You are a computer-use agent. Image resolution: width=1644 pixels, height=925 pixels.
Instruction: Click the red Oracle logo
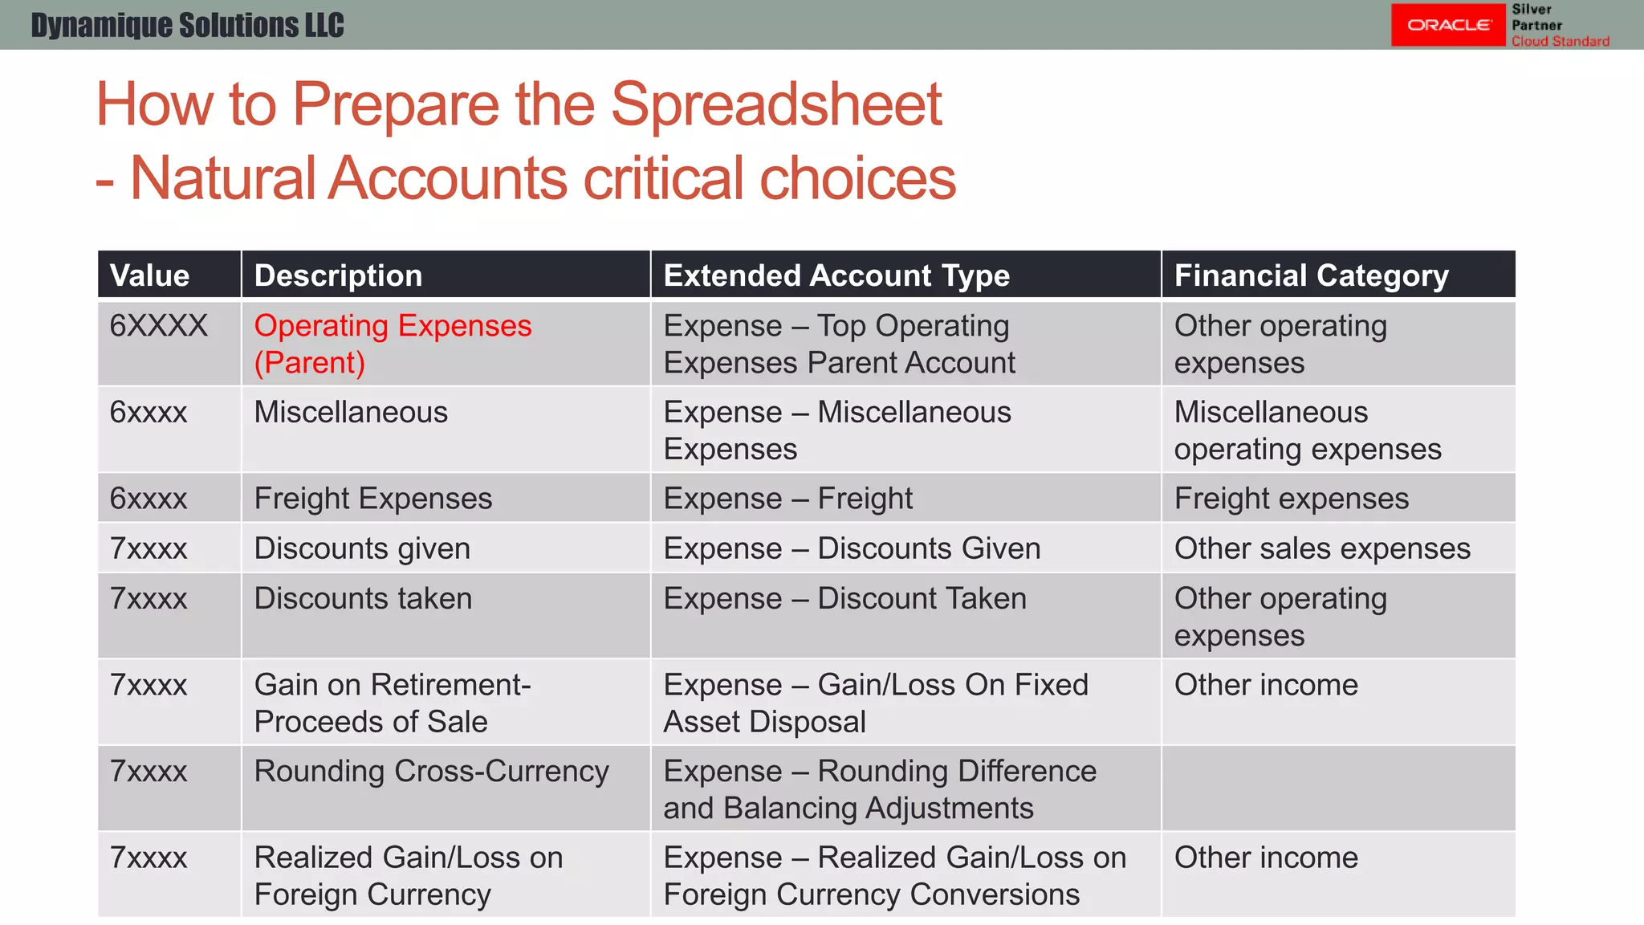[x=1447, y=25]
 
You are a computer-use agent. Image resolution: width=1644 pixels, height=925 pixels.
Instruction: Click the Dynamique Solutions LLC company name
[x=187, y=25]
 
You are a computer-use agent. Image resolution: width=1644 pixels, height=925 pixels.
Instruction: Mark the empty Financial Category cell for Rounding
[x=1337, y=788]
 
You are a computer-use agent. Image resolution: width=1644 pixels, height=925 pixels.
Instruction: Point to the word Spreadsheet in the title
[x=776, y=105]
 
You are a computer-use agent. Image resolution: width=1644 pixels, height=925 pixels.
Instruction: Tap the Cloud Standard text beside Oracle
[x=1560, y=41]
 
